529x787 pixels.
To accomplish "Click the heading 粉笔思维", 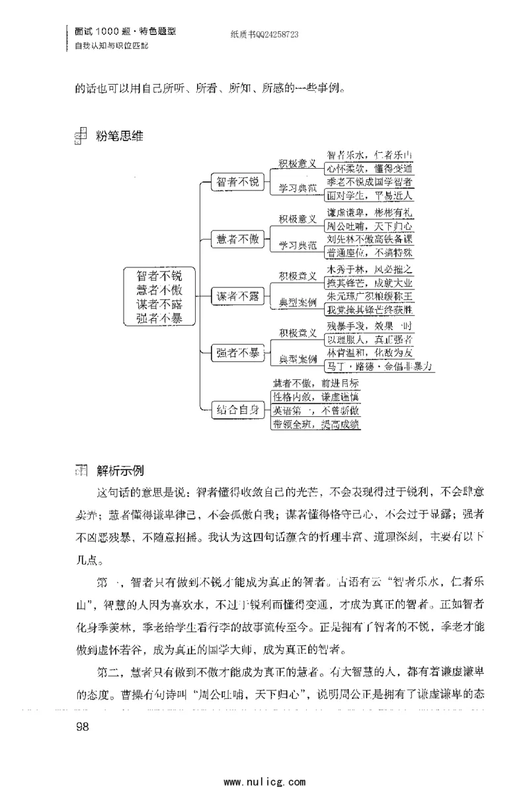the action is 119,137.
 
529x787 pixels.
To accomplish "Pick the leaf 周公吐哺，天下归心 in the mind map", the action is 370,227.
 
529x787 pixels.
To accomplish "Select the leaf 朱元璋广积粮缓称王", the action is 370,296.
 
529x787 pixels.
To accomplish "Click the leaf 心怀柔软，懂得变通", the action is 370,169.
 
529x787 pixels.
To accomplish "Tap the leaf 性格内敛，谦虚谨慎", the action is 316,396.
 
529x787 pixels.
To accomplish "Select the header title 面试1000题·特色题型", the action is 126,31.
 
